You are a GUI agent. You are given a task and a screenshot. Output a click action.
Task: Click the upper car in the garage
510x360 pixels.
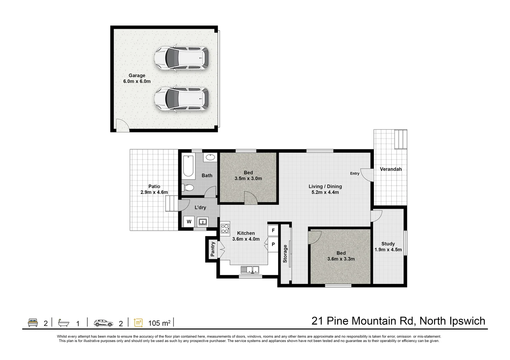click(x=181, y=59)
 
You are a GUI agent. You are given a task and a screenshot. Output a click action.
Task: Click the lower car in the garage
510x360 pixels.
click(x=181, y=99)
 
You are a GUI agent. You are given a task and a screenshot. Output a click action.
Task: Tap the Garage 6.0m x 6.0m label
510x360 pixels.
click(x=137, y=78)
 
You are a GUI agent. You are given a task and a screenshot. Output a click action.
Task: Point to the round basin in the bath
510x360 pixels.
click(x=210, y=157)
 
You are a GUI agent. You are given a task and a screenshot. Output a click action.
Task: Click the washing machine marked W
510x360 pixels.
click(x=189, y=222)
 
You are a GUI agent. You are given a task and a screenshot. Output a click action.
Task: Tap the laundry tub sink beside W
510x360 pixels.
click(x=202, y=222)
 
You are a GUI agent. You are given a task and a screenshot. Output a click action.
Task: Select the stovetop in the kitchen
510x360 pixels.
click(x=225, y=228)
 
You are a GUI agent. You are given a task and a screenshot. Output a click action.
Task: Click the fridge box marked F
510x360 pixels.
click(x=273, y=230)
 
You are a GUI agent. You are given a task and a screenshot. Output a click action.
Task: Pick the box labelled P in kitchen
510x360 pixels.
click(x=273, y=244)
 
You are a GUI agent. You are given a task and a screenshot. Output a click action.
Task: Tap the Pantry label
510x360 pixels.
click(x=212, y=249)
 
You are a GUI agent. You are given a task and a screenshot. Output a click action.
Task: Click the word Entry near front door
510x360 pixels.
click(x=355, y=173)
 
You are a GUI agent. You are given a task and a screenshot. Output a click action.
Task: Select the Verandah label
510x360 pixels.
click(x=391, y=169)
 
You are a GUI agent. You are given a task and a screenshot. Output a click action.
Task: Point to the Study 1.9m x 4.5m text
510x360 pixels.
click(x=388, y=247)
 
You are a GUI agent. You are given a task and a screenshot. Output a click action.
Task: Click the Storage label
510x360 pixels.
click(x=285, y=254)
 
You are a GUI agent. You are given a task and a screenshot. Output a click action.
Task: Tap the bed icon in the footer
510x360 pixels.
click(x=32, y=323)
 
